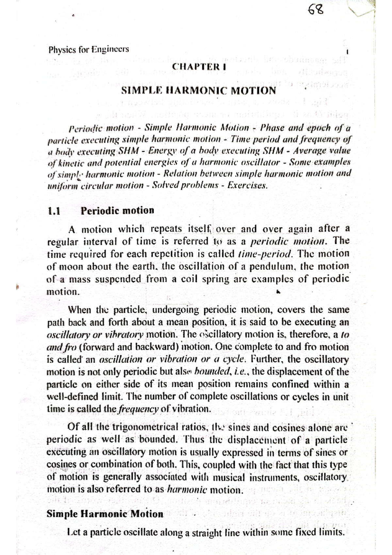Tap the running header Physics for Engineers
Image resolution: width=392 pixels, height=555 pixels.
tap(89, 50)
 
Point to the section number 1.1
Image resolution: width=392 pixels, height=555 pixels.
tap(54, 210)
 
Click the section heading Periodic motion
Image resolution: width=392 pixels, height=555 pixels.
tap(117, 210)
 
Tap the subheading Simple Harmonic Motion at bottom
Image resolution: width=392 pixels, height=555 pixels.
tap(105, 514)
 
